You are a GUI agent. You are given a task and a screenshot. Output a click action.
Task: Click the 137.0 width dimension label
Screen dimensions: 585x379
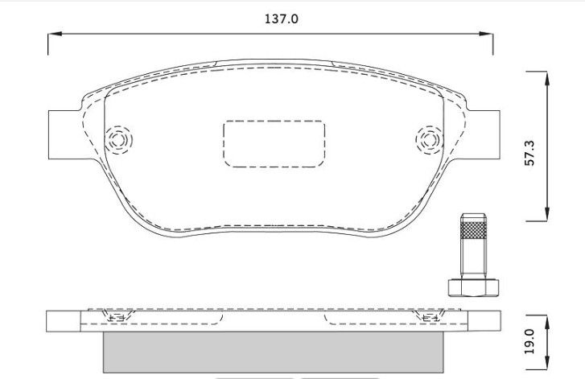tap(282, 19)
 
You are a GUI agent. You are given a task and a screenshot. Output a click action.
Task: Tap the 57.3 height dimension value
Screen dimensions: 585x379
tap(529, 153)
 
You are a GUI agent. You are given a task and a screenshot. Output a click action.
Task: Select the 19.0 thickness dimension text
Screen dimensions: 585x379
tap(529, 342)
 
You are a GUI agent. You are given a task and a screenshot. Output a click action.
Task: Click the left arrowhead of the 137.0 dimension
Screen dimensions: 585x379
tap(55, 34)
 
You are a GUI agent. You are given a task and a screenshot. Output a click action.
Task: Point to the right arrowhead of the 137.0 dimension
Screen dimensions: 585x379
tap(486, 34)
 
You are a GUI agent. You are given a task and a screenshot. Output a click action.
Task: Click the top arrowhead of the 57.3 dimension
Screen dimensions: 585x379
tap(547, 78)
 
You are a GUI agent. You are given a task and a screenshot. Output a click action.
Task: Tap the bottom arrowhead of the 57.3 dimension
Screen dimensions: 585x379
tap(547, 214)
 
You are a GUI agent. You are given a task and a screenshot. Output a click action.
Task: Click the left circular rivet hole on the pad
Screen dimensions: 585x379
tap(118, 140)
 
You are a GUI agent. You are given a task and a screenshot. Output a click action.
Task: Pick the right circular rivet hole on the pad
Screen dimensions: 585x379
tap(430, 140)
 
